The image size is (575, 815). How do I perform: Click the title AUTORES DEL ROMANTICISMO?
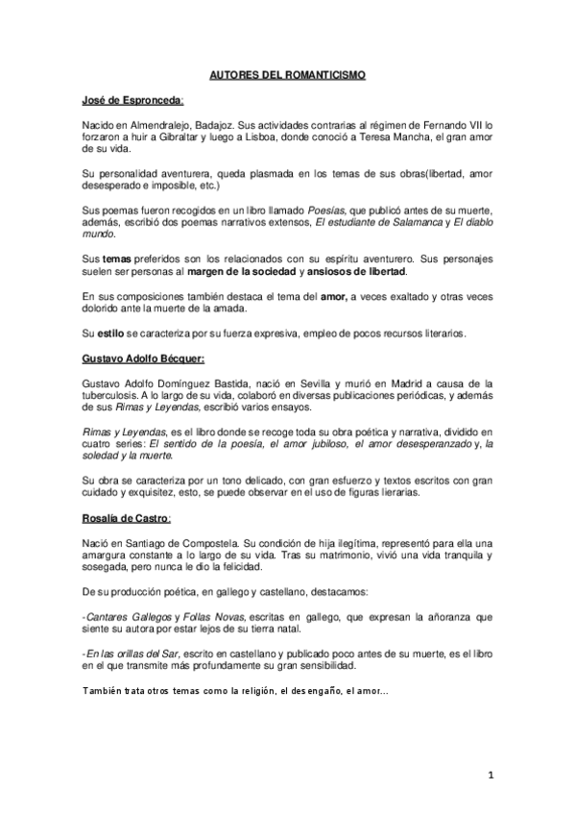tap(287, 73)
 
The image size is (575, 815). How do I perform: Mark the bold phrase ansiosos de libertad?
tap(371, 272)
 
